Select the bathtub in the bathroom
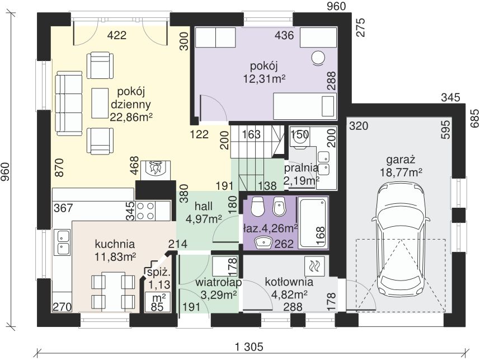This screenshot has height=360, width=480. pos(313,223)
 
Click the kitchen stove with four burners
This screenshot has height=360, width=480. pos(145,211)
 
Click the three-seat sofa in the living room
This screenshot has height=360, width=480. pos(69,104)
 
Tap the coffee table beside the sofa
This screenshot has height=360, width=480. pos(100,103)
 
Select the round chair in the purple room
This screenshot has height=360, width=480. pos(318,58)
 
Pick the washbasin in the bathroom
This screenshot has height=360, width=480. pos(263,242)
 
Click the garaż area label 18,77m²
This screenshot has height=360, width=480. pos(401,172)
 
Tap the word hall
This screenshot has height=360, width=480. pos(204,207)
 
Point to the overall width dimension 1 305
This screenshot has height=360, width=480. pos(249,347)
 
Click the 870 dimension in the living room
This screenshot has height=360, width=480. pos(59,167)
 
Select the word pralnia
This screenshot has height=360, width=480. pos(301,168)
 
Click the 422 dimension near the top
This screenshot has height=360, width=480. pos(117,35)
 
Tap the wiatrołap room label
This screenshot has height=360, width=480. pos(219,282)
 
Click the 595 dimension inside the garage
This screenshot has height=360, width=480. pos(446,129)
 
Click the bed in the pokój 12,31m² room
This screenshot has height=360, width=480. pos(304,106)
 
